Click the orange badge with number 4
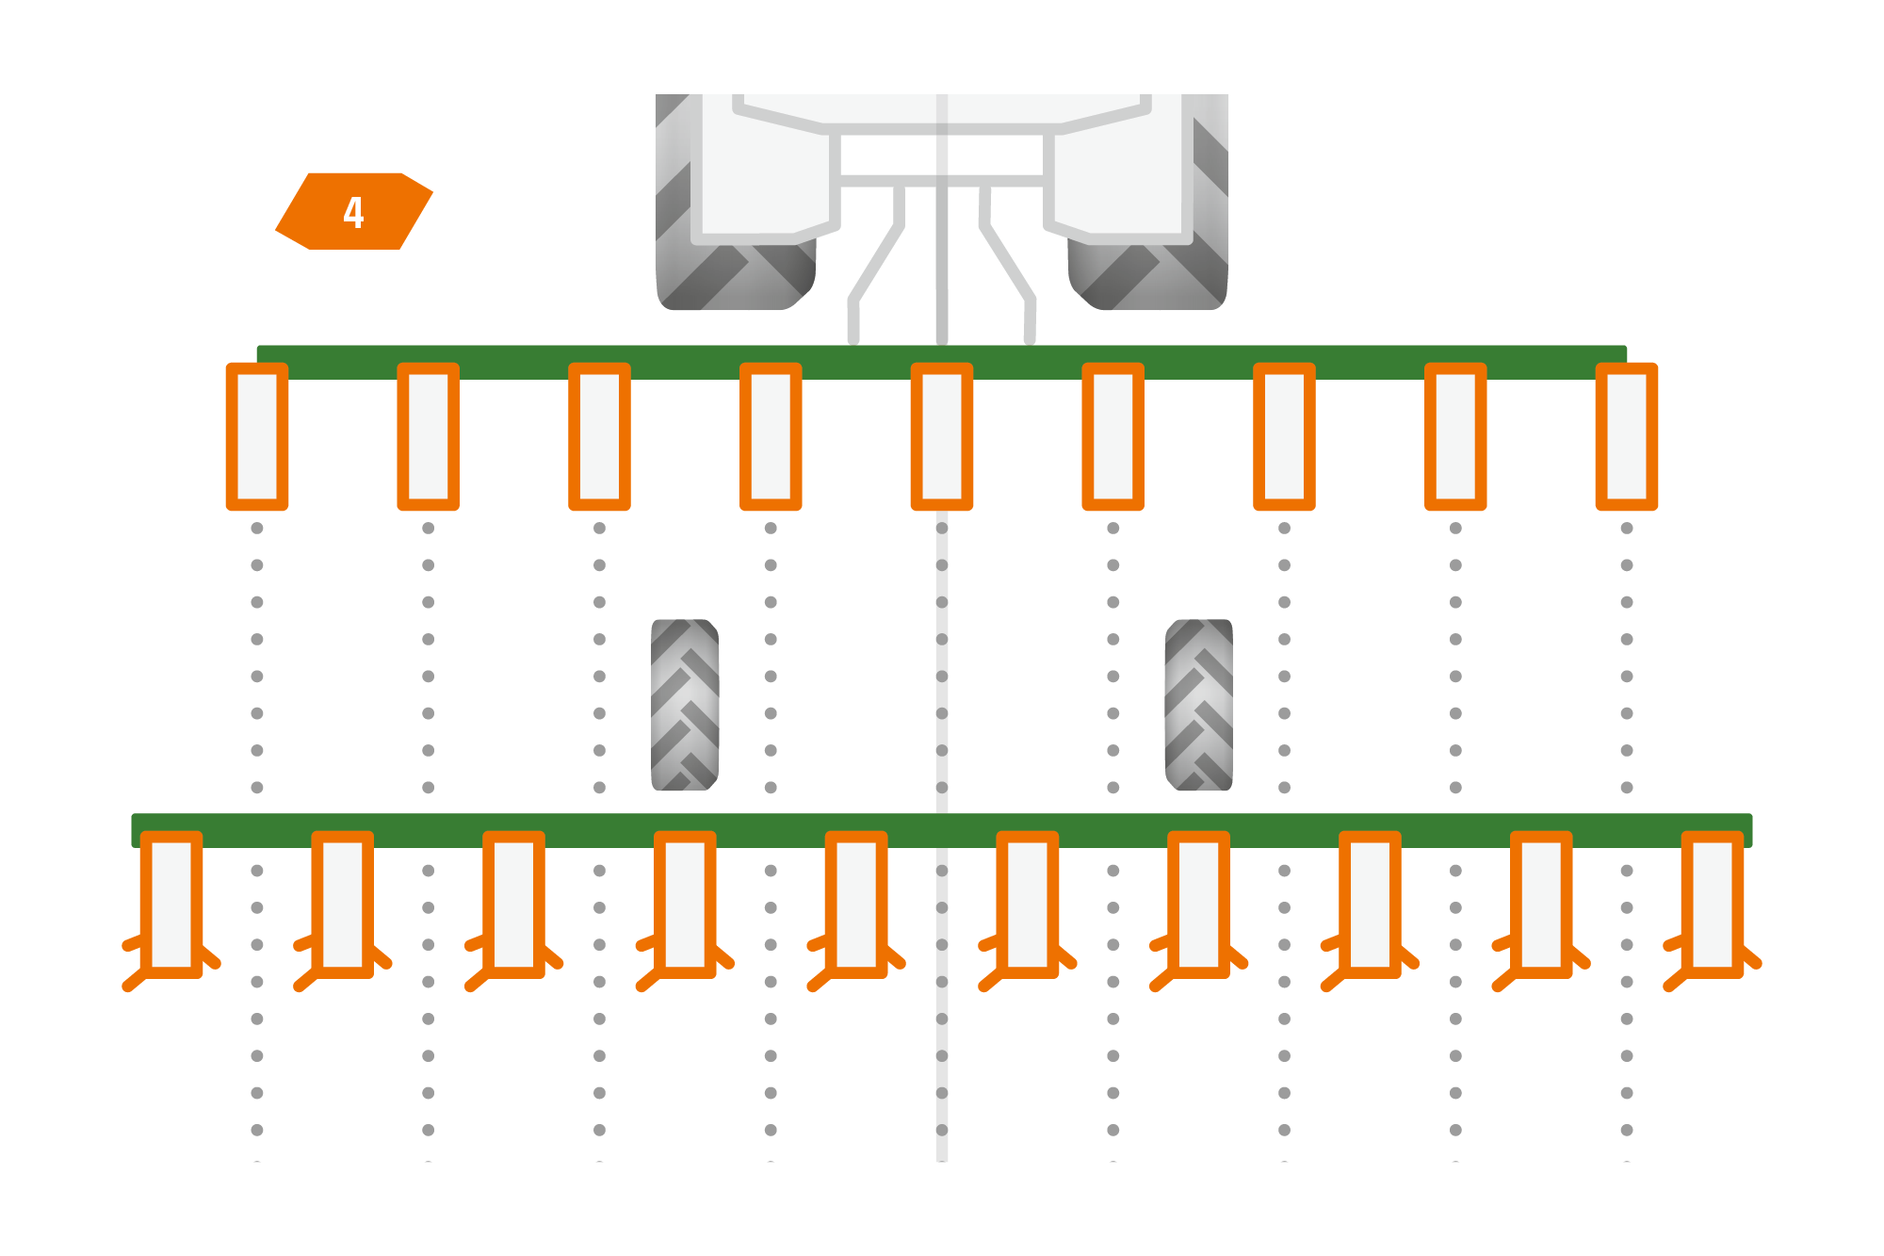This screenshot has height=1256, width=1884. tap(354, 211)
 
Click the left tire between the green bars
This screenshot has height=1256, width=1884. tap(685, 705)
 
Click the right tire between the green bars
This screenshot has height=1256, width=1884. tap(1199, 705)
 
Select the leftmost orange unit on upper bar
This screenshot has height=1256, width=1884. tap(257, 436)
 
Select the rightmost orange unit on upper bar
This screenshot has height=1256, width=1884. tap(1627, 436)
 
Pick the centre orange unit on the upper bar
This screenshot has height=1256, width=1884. tap(942, 436)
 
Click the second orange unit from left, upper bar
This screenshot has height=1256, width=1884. tap(429, 436)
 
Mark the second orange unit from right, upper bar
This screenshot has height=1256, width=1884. tap(1455, 436)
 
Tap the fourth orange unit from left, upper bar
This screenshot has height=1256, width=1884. tap(771, 436)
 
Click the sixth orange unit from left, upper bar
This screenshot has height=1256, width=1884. tap(1113, 436)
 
